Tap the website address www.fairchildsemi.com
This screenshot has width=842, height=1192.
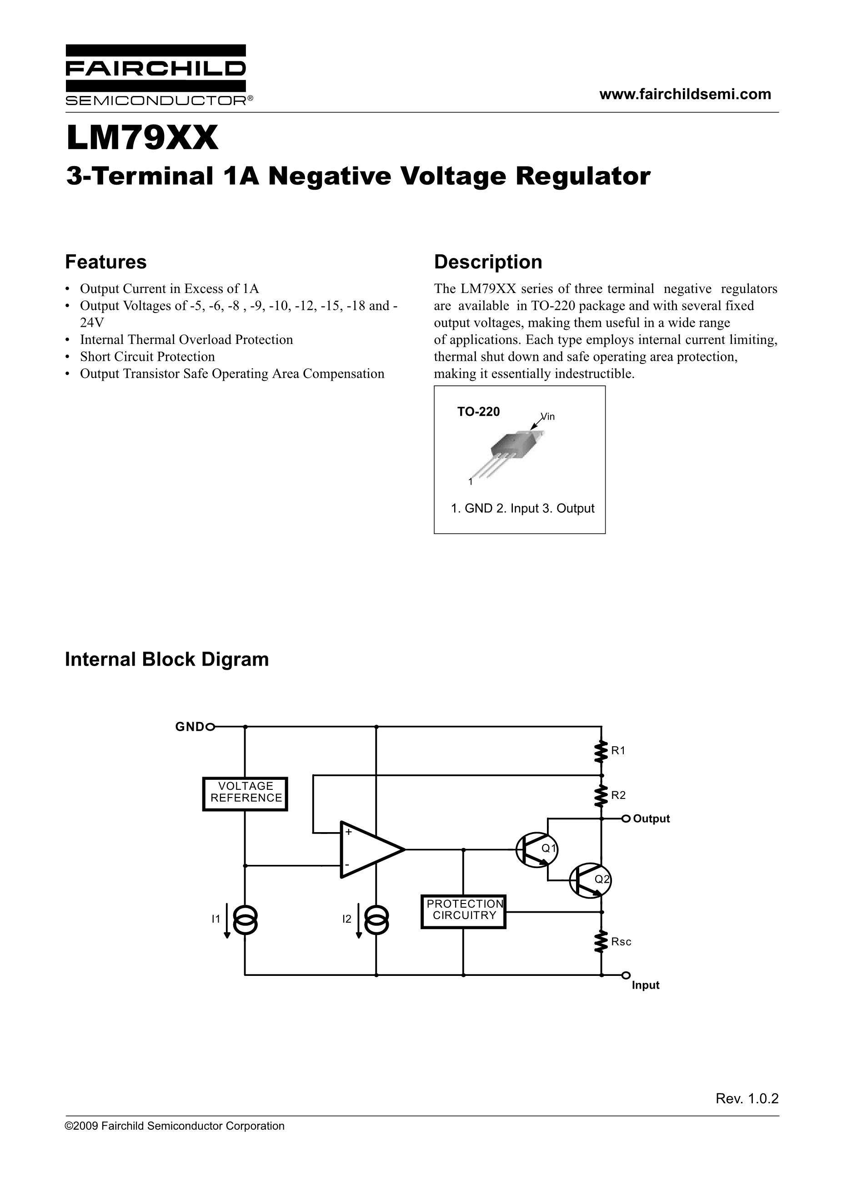point(685,94)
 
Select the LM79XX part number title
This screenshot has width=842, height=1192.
point(142,138)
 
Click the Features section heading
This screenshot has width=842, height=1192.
point(106,262)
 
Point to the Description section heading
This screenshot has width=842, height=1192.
point(488,262)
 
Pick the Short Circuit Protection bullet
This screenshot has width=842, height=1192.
point(147,357)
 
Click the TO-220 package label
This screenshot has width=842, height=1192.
point(478,412)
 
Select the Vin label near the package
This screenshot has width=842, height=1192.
point(548,416)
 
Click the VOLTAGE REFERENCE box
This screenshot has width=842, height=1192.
point(245,794)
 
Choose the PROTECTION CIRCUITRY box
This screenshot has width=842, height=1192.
point(463,912)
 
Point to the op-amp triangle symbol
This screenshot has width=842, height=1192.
point(372,850)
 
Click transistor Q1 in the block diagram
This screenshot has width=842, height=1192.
point(536,850)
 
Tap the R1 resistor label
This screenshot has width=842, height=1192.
point(618,750)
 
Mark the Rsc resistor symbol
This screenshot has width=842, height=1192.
point(601,941)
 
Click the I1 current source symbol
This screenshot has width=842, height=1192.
point(245,920)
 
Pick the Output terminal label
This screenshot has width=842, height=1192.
point(652,819)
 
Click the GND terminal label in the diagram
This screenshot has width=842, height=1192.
point(190,727)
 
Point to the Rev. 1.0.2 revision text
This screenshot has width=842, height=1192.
point(747,1099)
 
